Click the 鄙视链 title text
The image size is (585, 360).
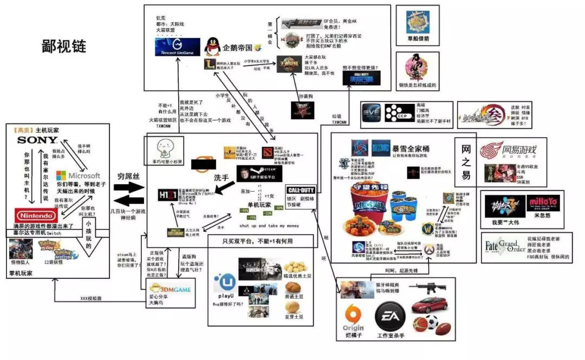tap(64, 47)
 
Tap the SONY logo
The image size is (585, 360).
tap(37, 140)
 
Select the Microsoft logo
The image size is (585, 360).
tap(78, 176)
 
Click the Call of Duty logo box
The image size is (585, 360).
tap(301, 191)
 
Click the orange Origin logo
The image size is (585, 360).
tap(353, 319)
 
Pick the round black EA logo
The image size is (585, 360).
tap(390, 318)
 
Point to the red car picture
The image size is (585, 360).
tap(428, 305)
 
